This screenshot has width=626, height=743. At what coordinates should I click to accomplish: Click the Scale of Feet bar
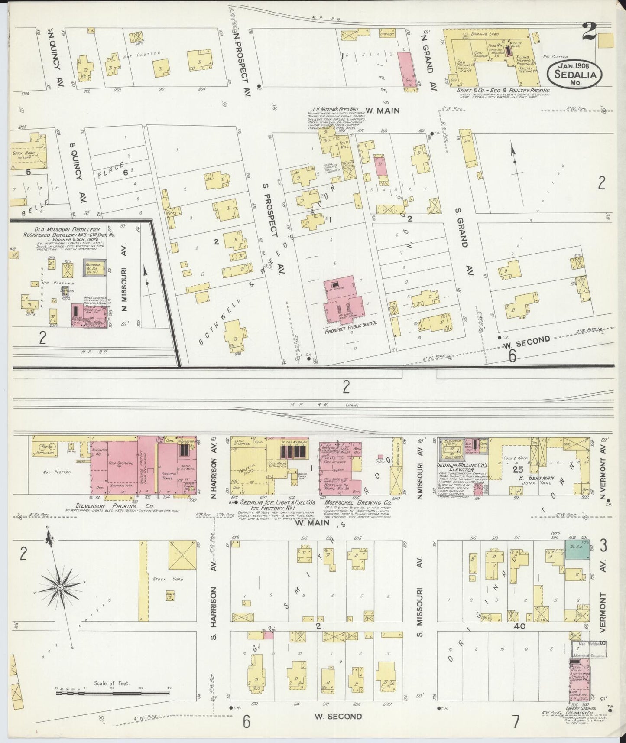click(x=113, y=693)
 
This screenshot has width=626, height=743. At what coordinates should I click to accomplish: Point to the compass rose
click(x=59, y=587)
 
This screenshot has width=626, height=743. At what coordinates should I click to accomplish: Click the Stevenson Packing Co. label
click(x=114, y=505)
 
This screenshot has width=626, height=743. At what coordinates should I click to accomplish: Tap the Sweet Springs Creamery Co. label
click(x=581, y=710)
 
